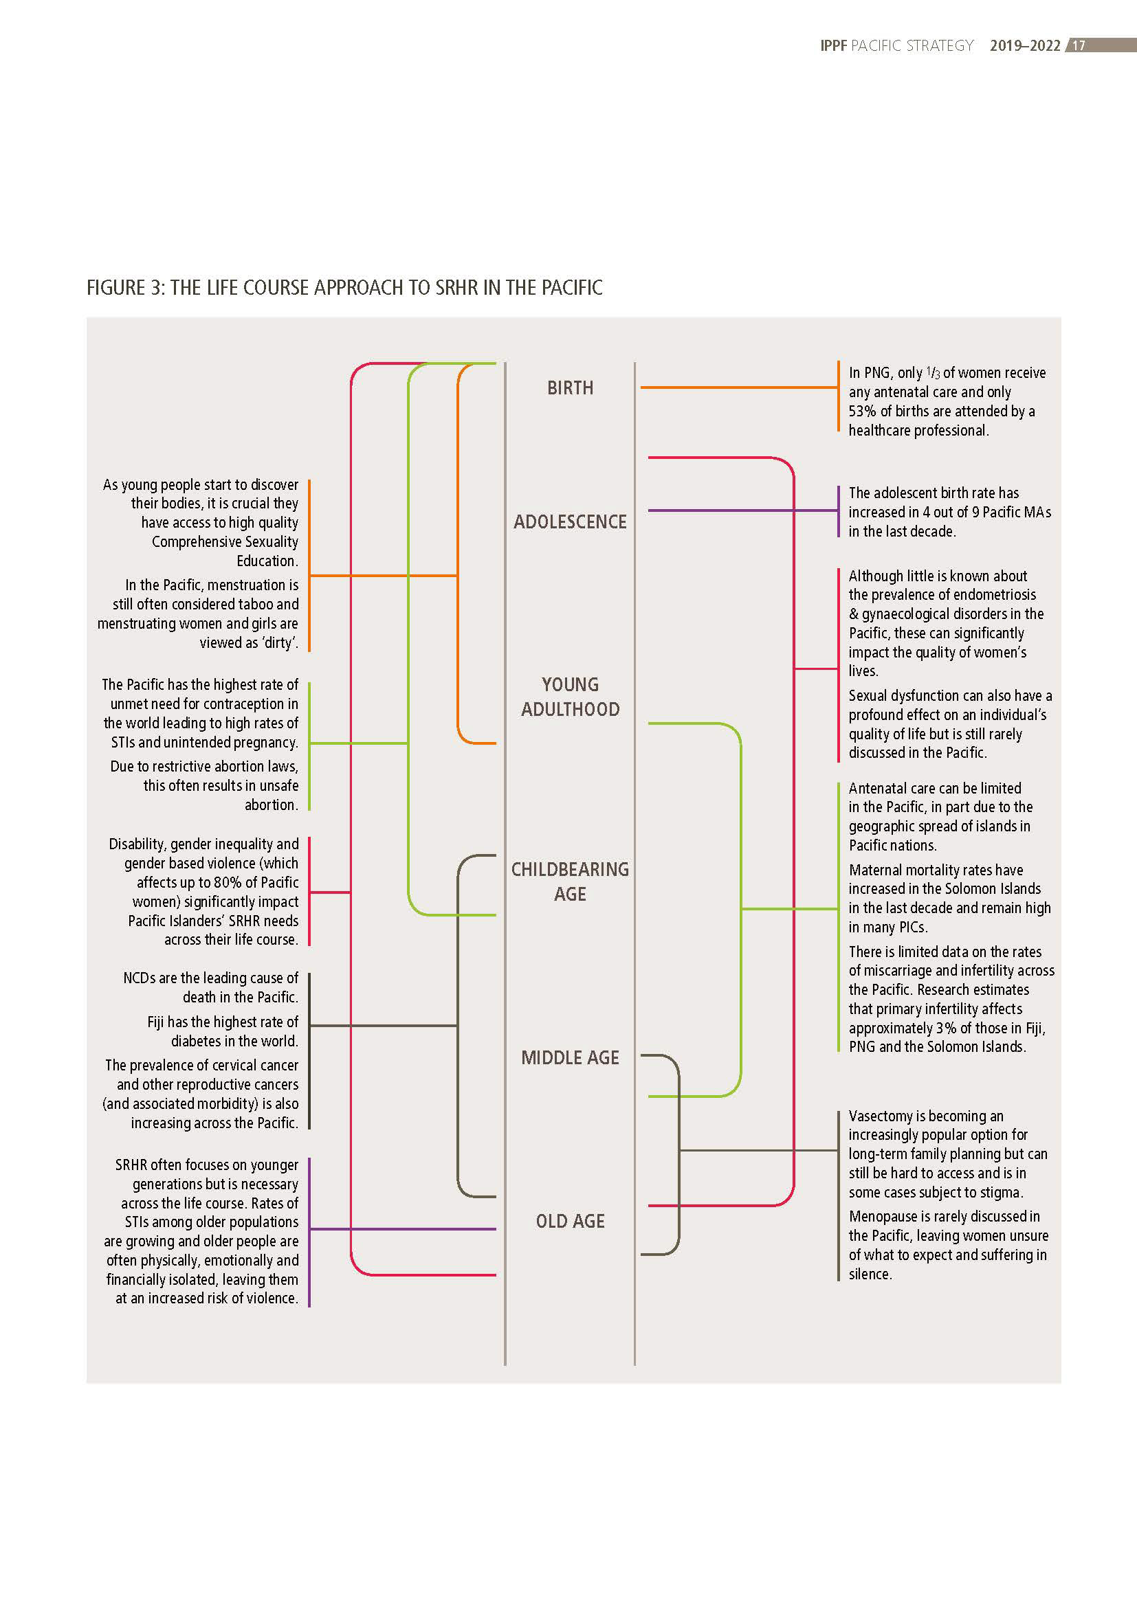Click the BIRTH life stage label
pyautogui.click(x=570, y=387)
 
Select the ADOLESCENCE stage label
pyautogui.click(x=570, y=521)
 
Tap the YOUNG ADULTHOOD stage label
pyautogui.click(x=570, y=697)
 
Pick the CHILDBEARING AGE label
pyautogui.click(x=570, y=881)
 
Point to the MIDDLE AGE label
pyautogui.click(x=570, y=1057)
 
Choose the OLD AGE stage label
pyautogui.click(x=570, y=1221)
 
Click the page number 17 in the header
pyautogui.click(x=1079, y=45)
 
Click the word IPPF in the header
pyautogui.click(x=833, y=45)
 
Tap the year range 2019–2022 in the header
pyautogui.click(x=1025, y=45)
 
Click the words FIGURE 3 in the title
pyautogui.click(x=124, y=288)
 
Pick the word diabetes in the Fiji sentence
pyautogui.click(x=197, y=1041)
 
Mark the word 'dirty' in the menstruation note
pyautogui.click(x=278, y=642)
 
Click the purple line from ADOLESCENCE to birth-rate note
pyautogui.click(x=742, y=511)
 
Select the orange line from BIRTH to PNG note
pyautogui.click(x=738, y=387)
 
